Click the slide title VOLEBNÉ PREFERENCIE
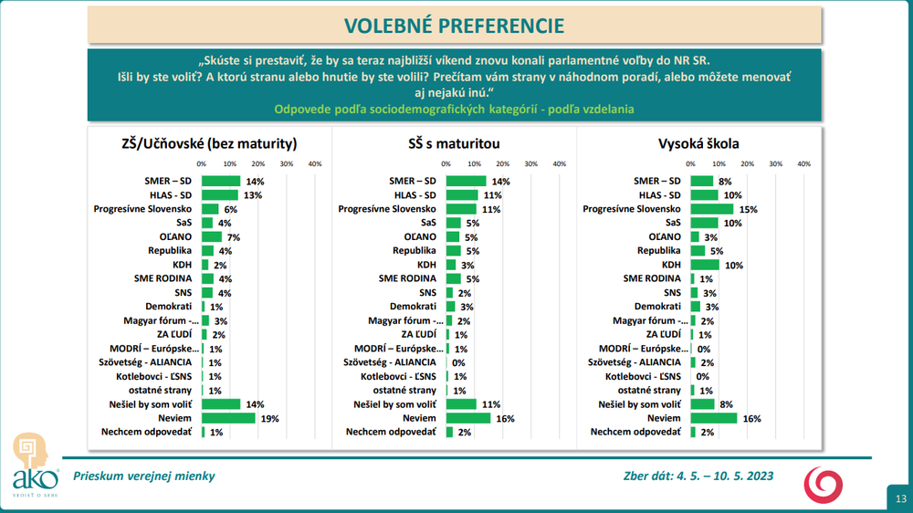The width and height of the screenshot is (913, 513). coord(454,25)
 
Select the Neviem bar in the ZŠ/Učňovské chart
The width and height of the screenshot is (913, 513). coord(228,417)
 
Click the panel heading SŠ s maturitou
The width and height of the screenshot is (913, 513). coord(454,143)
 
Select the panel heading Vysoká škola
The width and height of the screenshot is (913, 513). coord(698,143)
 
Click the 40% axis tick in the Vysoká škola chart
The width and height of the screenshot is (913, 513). coord(803,164)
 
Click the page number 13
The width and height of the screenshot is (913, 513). coord(900,497)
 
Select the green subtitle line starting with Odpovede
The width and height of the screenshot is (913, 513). coord(454,109)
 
